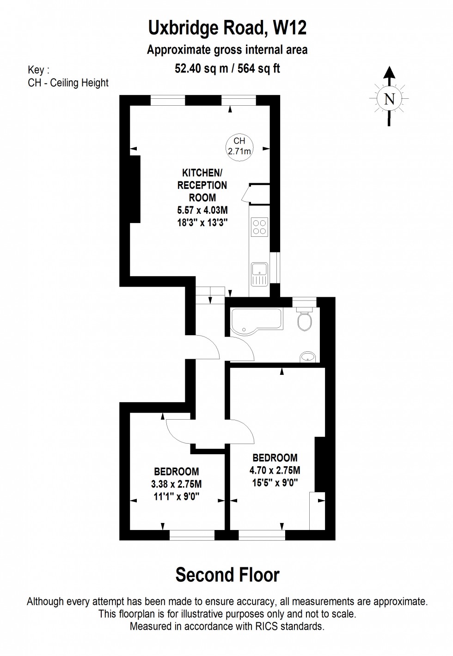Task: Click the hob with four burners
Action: click(x=259, y=227)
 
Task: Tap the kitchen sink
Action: click(x=259, y=274)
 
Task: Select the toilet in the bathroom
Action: click(x=304, y=319)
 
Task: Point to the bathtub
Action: click(x=257, y=321)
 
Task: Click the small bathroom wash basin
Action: click(x=307, y=357)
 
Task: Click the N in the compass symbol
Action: click(x=389, y=99)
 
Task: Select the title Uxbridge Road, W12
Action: click(x=227, y=28)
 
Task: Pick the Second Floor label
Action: click(x=227, y=575)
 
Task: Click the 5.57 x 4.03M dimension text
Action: click(x=202, y=210)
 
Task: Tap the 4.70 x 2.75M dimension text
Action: click(x=275, y=470)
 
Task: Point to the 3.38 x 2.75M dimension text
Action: click(x=176, y=484)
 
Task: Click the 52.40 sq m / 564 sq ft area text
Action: click(x=227, y=68)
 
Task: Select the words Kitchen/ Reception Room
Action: click(x=202, y=185)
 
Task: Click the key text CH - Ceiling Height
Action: click(x=68, y=83)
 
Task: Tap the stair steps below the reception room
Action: click(x=210, y=295)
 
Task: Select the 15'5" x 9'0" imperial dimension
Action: click(x=275, y=482)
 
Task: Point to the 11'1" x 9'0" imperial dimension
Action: click(x=176, y=497)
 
